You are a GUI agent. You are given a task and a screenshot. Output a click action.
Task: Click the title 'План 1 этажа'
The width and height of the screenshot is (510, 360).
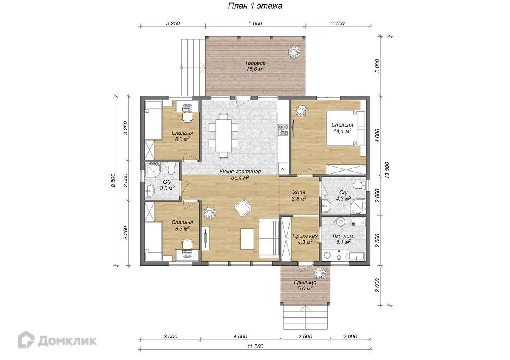point(255,6)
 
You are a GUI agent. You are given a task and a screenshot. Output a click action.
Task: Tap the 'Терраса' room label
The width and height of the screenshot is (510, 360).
point(255,63)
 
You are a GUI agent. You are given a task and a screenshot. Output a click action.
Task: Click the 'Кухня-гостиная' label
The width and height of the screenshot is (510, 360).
point(240,172)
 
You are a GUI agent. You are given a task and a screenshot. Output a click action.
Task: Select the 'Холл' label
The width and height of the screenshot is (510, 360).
point(299,192)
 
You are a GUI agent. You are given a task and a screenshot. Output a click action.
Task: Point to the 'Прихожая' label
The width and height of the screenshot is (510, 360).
point(305,236)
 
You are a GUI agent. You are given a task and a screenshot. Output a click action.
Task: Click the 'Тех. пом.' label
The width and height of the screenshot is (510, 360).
point(343,236)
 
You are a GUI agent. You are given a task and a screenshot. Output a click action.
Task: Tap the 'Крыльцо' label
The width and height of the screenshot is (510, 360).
point(305,282)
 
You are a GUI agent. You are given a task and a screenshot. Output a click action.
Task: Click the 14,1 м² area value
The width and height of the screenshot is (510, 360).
point(342,131)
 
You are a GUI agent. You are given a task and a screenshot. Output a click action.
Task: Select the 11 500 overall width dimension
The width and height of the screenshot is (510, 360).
point(255,346)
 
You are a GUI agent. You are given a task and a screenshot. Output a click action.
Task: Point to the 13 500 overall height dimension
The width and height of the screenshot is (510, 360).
point(388,170)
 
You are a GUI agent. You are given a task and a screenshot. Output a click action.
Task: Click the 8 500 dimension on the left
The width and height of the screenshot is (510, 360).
point(113,180)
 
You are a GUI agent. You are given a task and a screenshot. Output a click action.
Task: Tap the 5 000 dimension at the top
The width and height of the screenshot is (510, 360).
point(255,23)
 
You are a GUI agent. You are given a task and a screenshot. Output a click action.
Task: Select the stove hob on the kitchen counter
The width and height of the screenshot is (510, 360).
point(283,130)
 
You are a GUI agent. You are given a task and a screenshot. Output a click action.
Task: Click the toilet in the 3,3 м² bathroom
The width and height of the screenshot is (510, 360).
point(171,168)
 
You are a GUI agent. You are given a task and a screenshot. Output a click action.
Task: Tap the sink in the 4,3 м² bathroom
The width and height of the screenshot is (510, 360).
point(326,205)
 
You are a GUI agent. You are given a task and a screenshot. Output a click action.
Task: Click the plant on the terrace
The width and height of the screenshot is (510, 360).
point(294,52)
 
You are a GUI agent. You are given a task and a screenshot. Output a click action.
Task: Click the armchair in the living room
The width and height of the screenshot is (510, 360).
point(243,208)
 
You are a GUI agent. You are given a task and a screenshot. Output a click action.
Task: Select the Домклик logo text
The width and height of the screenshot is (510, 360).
point(67,340)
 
